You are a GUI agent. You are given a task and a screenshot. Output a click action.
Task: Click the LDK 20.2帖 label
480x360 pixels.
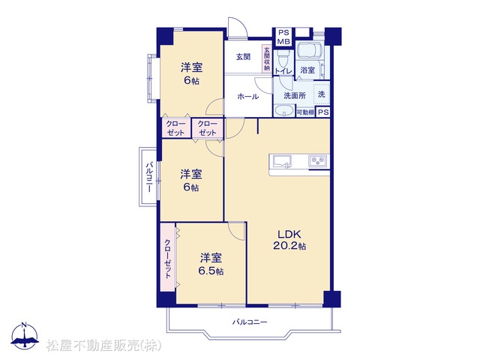(x=289, y=240)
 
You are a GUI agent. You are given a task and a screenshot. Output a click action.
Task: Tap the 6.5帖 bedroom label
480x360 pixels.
(x=211, y=264)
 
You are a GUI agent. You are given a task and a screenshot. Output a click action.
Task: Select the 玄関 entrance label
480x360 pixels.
(x=243, y=57)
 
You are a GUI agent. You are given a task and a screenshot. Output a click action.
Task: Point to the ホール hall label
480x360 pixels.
(x=248, y=97)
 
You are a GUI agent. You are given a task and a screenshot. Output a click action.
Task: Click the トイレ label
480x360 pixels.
(x=283, y=70)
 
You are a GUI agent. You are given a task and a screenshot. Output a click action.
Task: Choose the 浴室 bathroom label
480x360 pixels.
(x=307, y=70)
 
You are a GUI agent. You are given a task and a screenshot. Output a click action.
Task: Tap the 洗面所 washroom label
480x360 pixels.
(x=295, y=95)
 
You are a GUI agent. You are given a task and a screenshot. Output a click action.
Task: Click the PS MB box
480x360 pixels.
(x=283, y=37)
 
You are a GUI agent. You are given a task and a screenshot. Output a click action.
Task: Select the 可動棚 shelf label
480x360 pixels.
(x=305, y=112)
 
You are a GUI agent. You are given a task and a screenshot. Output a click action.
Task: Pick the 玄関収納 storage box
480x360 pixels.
(x=267, y=59)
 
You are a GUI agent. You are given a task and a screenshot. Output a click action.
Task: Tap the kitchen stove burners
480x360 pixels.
(x=318, y=160)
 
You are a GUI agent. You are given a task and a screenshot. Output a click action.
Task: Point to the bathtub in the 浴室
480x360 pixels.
(x=309, y=49)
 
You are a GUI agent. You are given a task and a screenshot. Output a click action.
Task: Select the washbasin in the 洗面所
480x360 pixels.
(x=283, y=110)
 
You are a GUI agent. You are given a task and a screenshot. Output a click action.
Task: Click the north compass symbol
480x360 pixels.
(x=25, y=335)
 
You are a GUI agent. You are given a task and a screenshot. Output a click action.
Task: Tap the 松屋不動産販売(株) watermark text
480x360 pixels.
(x=103, y=346)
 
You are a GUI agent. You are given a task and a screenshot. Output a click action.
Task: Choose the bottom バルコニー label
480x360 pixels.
(x=250, y=322)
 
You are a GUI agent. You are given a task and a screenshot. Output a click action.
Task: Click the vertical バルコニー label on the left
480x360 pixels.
(x=148, y=177)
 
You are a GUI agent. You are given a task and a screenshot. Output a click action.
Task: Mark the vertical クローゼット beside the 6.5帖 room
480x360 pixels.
(x=168, y=259)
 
